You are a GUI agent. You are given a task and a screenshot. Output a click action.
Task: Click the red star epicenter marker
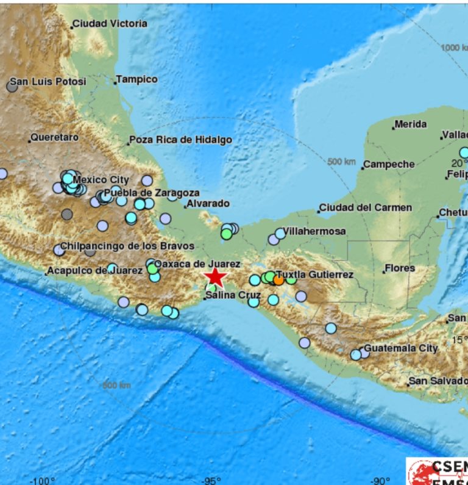pyautogui.click(x=215, y=277)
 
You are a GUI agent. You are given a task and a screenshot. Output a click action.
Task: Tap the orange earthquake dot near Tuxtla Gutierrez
pyautogui.click(x=278, y=281)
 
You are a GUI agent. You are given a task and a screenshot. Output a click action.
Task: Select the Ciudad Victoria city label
pyautogui.click(x=110, y=24)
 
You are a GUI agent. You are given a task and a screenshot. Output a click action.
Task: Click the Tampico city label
pyautogui.click(x=136, y=79)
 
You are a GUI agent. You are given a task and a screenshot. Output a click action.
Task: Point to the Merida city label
pyautogui.click(x=410, y=124)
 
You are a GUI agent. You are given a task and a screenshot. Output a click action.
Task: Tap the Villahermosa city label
pyautogui.click(x=315, y=231)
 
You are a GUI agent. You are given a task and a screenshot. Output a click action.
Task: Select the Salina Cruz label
pyautogui.click(x=233, y=295)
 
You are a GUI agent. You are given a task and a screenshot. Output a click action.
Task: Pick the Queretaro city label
pyautogui.click(x=54, y=138)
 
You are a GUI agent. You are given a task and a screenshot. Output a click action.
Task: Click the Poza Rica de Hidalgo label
pyautogui.click(x=180, y=140)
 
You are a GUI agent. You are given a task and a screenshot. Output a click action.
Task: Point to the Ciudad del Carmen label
pyautogui.click(x=366, y=207)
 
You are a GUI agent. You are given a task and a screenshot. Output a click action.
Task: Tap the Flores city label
pyautogui.click(x=400, y=268)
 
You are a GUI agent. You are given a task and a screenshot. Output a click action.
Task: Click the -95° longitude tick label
pyautogui.click(x=211, y=480)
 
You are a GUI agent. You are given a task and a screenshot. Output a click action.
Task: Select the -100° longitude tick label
pyautogui.click(x=42, y=480)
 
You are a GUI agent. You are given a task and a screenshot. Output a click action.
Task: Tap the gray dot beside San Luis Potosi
pyautogui.click(x=12, y=87)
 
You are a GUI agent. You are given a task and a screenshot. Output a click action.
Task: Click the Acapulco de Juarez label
pyautogui.click(x=94, y=270)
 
